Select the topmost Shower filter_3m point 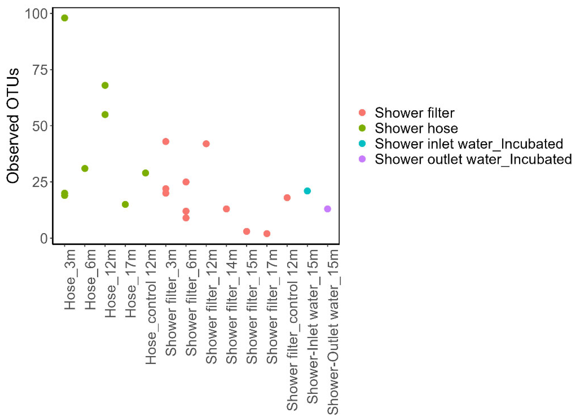click(x=166, y=141)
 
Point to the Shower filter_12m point click(x=206, y=144)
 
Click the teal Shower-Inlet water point click(x=307, y=191)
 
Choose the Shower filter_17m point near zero click(x=267, y=233)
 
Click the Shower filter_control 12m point click(x=287, y=198)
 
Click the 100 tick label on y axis click(x=36, y=14)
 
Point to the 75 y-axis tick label click(x=40, y=70)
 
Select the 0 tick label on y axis click(x=44, y=238)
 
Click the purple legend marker click(x=362, y=159)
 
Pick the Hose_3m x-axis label click(x=70, y=280)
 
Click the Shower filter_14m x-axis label click(x=231, y=306)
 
